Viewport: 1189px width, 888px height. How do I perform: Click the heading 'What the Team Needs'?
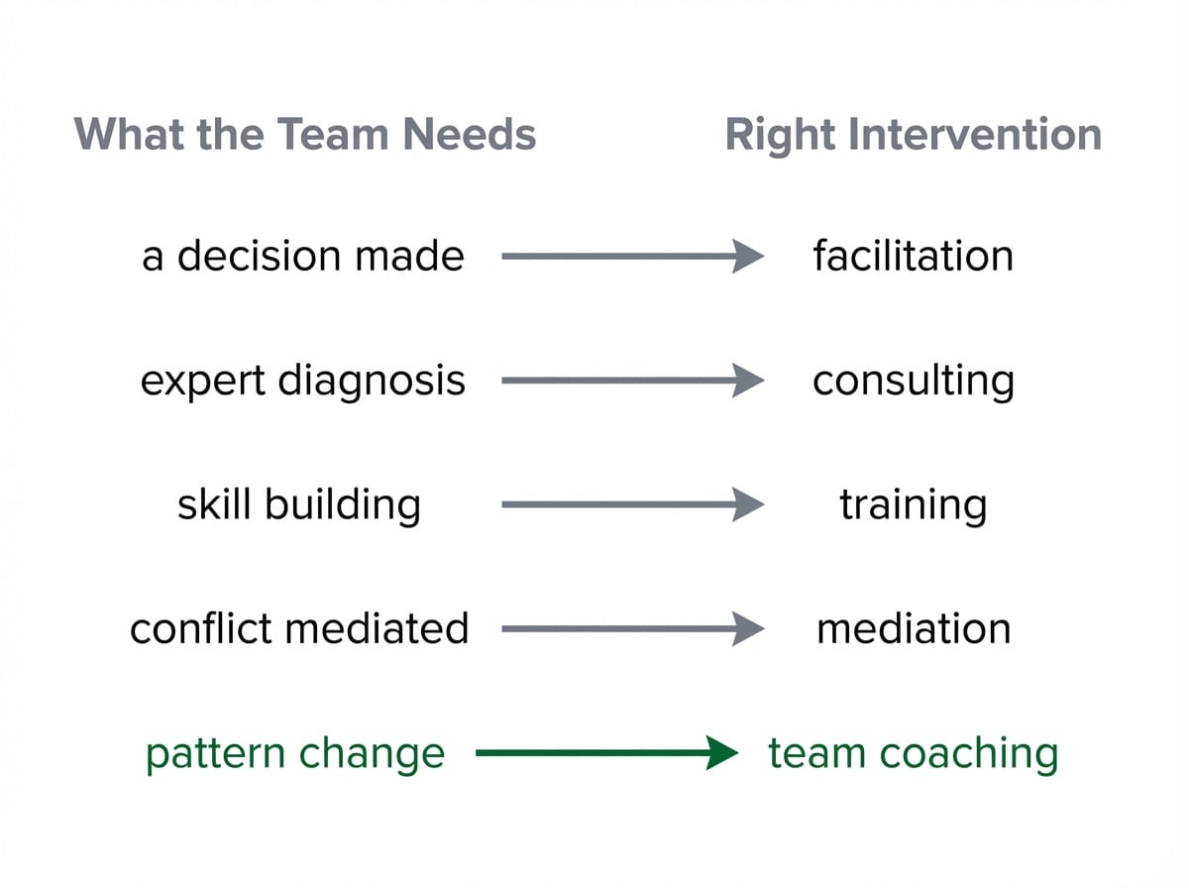[x=305, y=135]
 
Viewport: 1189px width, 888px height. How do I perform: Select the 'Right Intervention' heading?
[x=913, y=135]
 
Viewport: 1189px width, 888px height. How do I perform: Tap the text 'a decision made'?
[x=303, y=257]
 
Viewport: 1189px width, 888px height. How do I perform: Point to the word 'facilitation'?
[x=913, y=257]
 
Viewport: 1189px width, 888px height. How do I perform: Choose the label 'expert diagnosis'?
[x=303, y=381]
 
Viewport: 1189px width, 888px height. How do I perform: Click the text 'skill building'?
[x=299, y=504]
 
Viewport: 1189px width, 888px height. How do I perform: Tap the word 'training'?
[x=913, y=504]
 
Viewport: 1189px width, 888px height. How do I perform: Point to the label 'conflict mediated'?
[x=299, y=628]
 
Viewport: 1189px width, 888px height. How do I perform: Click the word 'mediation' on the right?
[x=913, y=628]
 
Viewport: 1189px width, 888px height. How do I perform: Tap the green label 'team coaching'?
[x=913, y=753]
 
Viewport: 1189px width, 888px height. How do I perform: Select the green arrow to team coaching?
[x=604, y=753]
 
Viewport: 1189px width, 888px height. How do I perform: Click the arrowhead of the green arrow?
[x=723, y=753]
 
